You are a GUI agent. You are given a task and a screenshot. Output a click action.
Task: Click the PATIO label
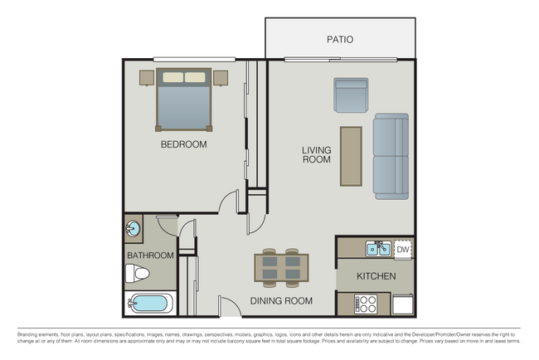coord(340,39)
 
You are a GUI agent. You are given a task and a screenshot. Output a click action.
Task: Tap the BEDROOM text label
coord(183,144)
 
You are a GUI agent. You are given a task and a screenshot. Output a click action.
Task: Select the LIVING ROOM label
coord(316,154)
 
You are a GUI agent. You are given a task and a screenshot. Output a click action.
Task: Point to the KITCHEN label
coord(376,276)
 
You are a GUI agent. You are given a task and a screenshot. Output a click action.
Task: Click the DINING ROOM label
coord(281,301)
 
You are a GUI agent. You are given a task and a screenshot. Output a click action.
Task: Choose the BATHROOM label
coord(150,255)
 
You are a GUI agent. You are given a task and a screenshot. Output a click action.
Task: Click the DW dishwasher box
coord(402,248)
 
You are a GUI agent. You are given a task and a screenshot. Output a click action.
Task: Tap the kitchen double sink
coord(379,248)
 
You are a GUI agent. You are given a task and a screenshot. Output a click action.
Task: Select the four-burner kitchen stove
coord(365,304)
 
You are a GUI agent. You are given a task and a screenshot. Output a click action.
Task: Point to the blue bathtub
coord(149,303)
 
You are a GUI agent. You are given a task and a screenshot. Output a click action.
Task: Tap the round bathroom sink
coord(134,227)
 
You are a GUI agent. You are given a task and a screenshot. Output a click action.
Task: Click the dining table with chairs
coord(281,268)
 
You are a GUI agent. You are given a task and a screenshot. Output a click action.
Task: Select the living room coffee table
coord(351,156)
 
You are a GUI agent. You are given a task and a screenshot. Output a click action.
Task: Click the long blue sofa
coord(391,156)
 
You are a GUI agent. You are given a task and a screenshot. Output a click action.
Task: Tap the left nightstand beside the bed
coord(147,77)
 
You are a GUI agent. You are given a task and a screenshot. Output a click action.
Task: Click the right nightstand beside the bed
coord(220,77)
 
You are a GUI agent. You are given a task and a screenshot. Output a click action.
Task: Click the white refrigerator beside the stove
coord(402,304)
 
